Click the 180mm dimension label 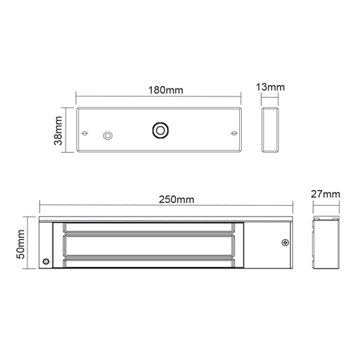point(166,90)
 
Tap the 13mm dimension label point(270,87)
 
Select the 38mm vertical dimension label point(58,130)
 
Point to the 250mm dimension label point(176,199)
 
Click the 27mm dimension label point(325,194)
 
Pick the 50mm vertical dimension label point(21,244)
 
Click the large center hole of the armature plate point(161,130)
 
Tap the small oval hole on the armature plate point(108,135)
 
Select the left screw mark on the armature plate point(85,133)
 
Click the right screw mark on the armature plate point(234,133)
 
